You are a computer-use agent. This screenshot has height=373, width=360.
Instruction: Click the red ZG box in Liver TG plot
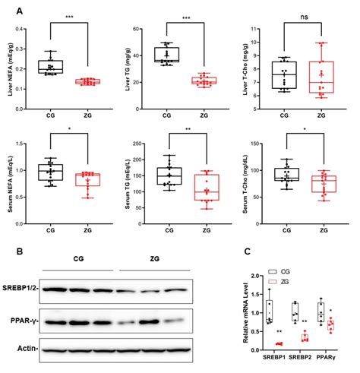pyautogui.click(x=201, y=80)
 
